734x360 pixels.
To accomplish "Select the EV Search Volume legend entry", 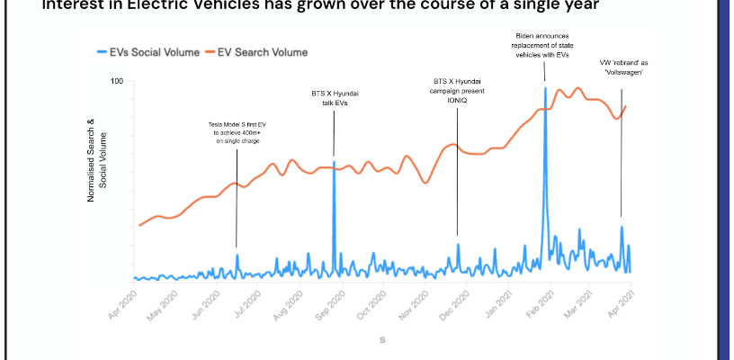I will (x=263, y=53).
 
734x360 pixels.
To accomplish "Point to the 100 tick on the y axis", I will (x=117, y=82).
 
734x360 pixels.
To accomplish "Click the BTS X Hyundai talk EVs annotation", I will (x=333, y=98).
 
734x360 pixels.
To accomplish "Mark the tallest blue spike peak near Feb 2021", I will (x=545, y=87).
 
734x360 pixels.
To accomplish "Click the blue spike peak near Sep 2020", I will (x=334, y=162).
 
